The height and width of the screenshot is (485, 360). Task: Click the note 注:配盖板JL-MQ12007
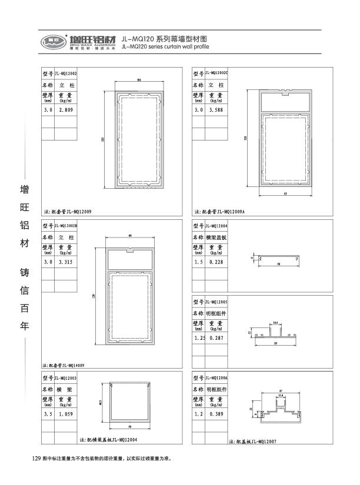[250, 440]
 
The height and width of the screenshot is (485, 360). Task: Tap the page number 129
[35, 458]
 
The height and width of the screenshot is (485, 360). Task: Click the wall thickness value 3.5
[48, 414]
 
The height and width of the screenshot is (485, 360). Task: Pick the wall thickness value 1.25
[199, 339]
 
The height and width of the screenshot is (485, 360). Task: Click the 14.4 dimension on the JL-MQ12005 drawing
[275, 323]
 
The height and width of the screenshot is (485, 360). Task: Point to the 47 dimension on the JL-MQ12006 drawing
[281, 390]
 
